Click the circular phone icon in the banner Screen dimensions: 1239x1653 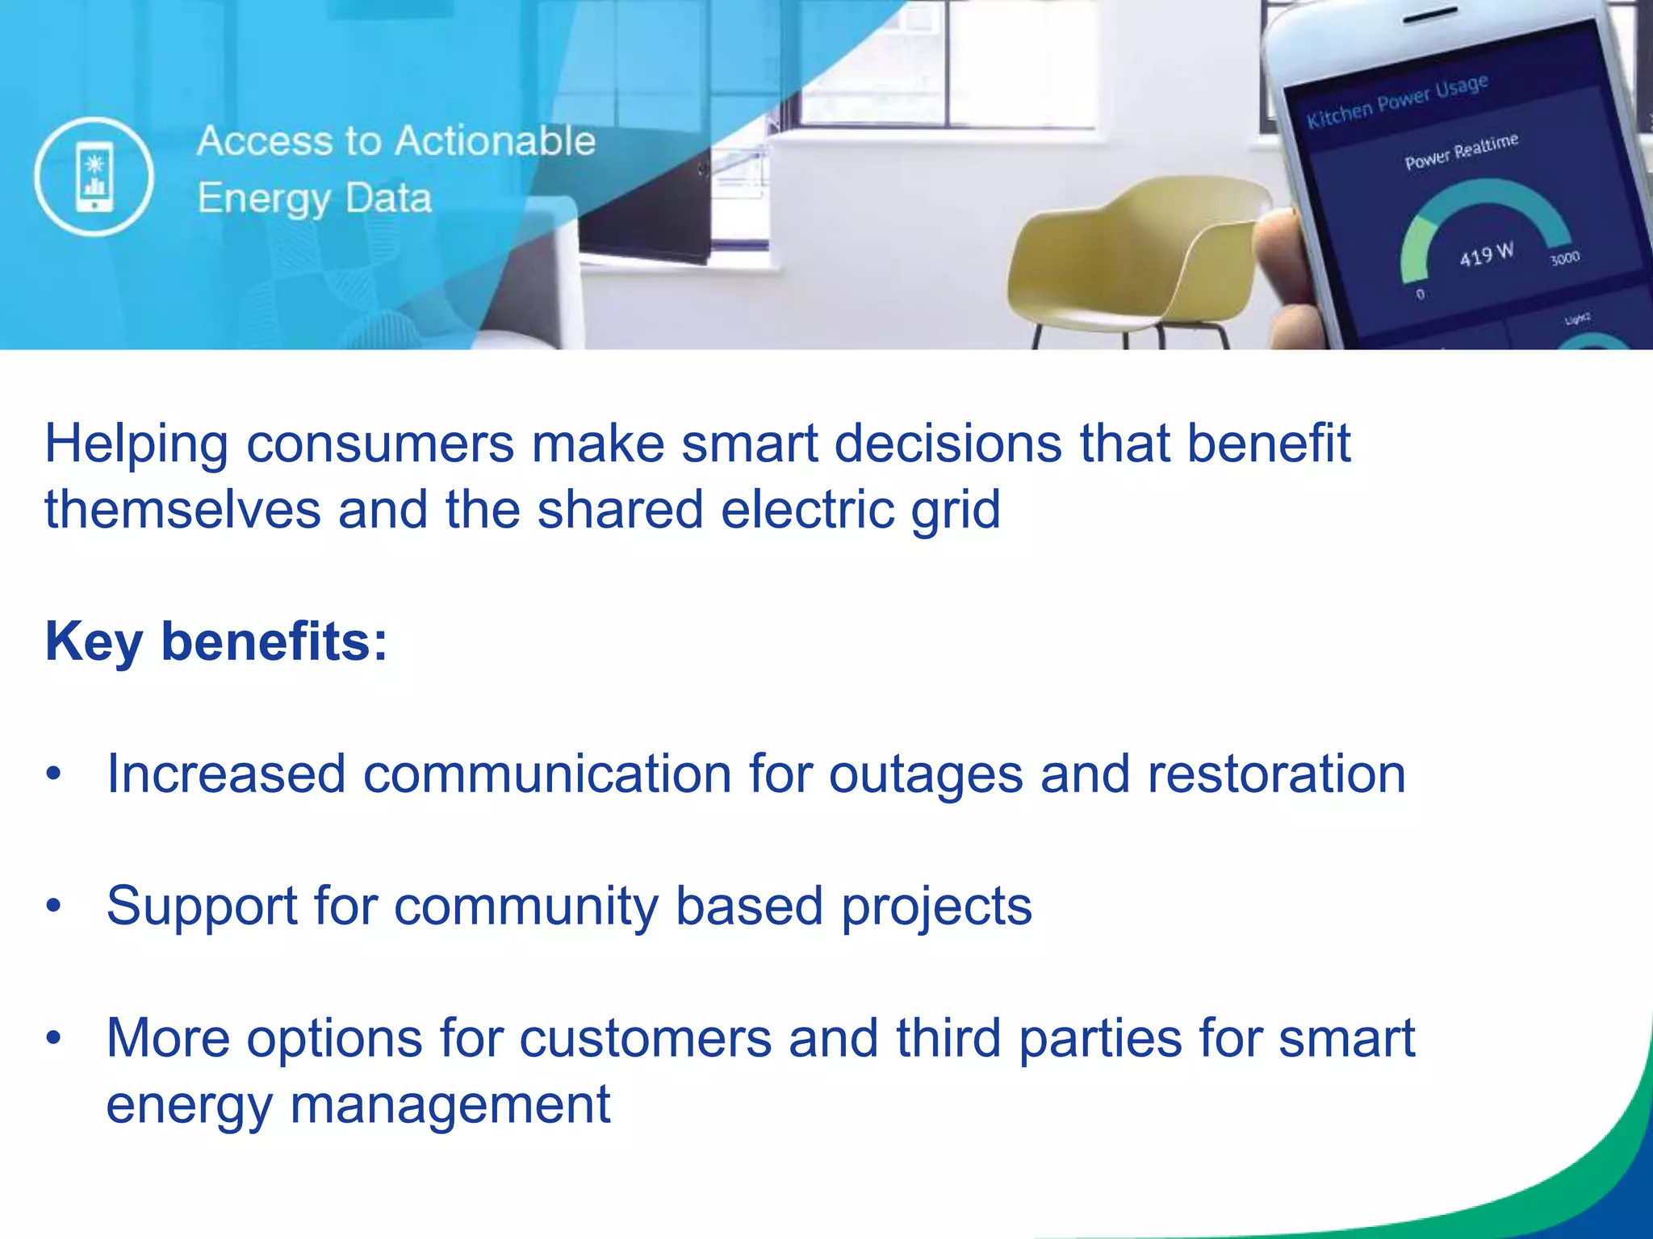[94, 176]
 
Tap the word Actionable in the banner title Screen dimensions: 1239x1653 [495, 141]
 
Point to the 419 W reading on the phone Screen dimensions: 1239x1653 [1485, 255]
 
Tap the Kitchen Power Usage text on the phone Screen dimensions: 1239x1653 [1396, 102]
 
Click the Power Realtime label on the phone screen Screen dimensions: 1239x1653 [1461, 152]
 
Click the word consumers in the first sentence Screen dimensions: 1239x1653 [379, 444]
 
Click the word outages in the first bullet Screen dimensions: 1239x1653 [926, 774]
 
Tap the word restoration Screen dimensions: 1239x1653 [1276, 774]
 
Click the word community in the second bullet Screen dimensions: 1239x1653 [525, 906]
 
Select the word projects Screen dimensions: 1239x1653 [936, 907]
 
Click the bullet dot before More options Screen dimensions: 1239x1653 [53, 1037]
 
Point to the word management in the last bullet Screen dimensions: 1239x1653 [450, 1105]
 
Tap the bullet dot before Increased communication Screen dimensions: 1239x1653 [53, 774]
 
